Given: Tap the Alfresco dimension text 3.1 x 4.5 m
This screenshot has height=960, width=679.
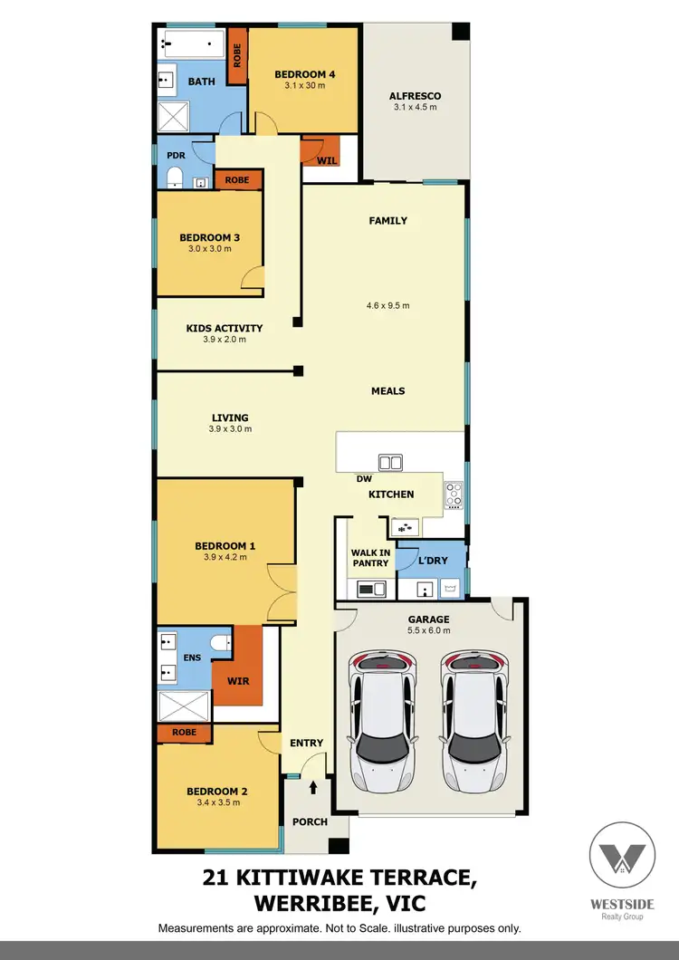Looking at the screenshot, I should [415, 107].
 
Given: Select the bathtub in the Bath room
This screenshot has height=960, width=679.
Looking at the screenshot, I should [192, 42].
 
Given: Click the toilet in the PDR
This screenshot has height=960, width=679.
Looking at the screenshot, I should [177, 174].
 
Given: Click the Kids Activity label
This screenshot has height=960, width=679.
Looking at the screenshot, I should [224, 328].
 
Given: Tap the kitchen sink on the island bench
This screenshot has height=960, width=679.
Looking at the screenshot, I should [391, 463].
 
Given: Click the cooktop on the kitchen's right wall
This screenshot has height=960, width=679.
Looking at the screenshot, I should [453, 495].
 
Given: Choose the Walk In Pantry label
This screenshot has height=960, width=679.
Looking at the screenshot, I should [369, 557].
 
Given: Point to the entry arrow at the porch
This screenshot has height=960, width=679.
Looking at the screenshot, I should [313, 788].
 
